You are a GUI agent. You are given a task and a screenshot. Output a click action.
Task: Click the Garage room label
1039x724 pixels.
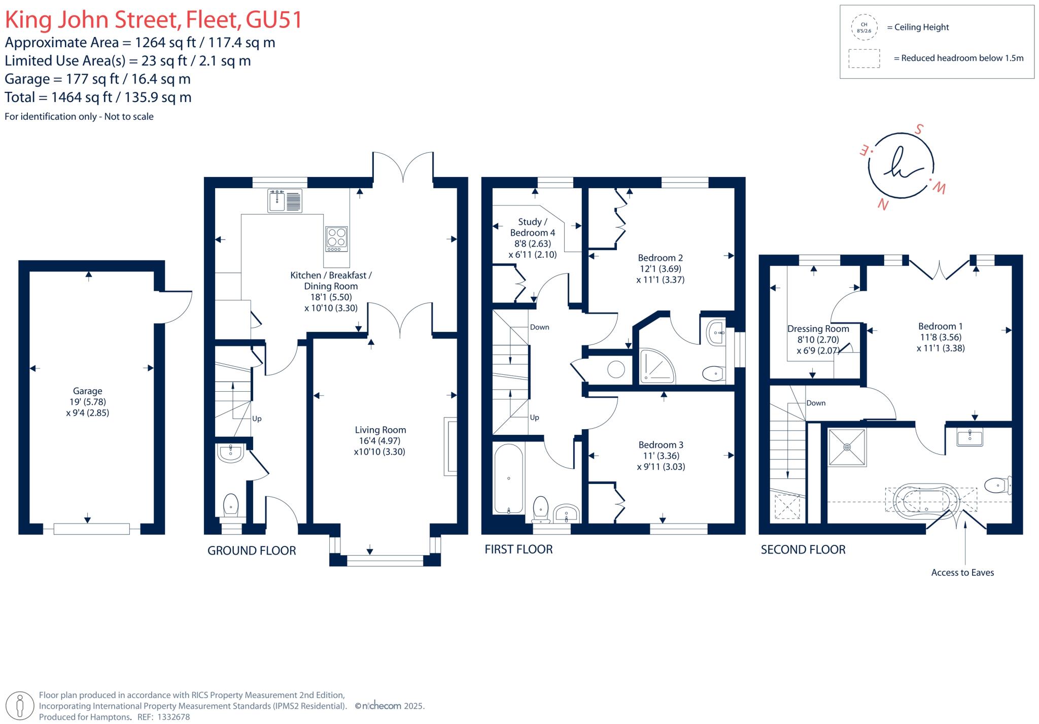[x=87, y=391]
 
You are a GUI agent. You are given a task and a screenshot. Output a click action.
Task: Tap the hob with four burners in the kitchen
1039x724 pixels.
[x=337, y=238]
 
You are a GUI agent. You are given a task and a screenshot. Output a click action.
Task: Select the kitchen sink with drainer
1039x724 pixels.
[x=285, y=200]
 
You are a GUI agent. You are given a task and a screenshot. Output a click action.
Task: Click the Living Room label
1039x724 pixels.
[x=380, y=430]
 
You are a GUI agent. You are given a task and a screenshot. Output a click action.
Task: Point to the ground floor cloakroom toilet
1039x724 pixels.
[x=231, y=504]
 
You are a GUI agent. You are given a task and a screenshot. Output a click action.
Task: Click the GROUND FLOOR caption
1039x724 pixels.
[x=252, y=550]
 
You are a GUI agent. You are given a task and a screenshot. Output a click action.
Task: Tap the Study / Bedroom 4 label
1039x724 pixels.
[x=532, y=227]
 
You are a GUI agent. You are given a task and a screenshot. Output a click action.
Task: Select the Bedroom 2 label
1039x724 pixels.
[x=660, y=258]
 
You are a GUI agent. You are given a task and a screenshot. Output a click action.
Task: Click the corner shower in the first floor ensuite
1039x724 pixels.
[x=657, y=365]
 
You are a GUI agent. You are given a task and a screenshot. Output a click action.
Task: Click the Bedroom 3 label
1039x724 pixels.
[x=661, y=445]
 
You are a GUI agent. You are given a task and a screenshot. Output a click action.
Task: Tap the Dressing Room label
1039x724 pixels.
[x=818, y=329]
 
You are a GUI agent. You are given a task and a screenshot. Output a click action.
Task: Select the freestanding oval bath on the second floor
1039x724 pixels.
[x=926, y=499]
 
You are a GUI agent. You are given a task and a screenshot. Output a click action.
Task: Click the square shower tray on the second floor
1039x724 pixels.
[x=847, y=447]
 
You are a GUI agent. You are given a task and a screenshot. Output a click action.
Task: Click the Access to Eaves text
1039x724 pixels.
[x=962, y=572]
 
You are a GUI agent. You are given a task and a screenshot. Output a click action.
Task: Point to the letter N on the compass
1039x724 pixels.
[x=883, y=204]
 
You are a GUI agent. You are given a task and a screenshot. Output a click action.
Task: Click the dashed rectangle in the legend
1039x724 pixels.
[x=864, y=58]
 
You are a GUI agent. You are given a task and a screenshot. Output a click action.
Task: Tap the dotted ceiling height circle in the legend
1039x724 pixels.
[x=864, y=27]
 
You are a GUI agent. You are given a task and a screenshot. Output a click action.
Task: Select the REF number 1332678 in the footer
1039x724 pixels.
[x=174, y=717]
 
